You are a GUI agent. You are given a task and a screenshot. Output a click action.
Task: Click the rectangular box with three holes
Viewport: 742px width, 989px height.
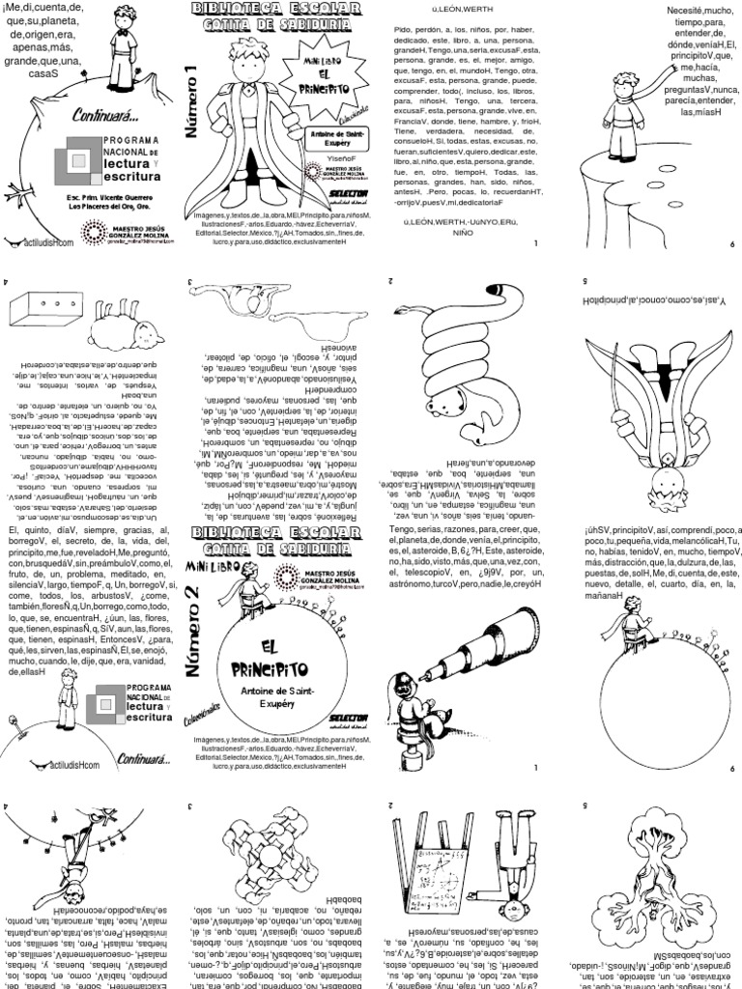(46, 309)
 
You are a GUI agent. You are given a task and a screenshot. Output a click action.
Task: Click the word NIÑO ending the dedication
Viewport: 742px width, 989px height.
(464, 234)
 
